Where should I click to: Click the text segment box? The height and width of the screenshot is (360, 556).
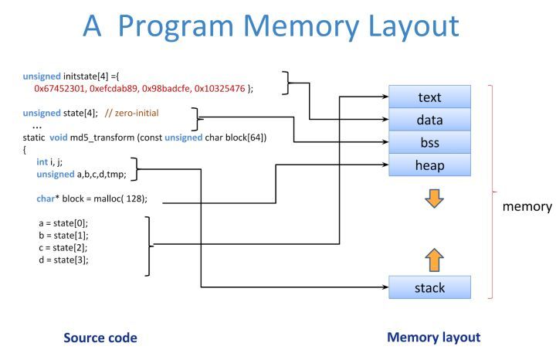[x=430, y=97]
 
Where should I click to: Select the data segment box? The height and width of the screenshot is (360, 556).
[x=430, y=120]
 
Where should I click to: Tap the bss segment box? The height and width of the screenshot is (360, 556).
[x=430, y=142]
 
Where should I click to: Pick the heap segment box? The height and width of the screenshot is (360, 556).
[x=430, y=165]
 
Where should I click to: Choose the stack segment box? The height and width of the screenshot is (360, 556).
[x=430, y=287]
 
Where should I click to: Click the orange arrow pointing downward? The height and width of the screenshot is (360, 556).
[x=434, y=199]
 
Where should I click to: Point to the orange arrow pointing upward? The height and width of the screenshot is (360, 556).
[x=434, y=260]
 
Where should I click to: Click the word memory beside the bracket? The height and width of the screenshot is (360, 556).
[x=527, y=206]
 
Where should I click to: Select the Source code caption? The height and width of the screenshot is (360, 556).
[x=100, y=338]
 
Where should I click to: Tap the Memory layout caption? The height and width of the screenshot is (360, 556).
[x=434, y=338]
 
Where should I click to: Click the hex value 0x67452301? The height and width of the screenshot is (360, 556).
[x=59, y=88]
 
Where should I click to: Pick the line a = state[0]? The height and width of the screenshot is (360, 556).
[x=63, y=223]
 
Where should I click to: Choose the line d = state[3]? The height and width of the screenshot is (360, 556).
[x=63, y=260]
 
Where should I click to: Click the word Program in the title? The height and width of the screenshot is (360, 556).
[x=176, y=27]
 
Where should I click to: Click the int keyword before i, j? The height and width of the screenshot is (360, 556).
[x=42, y=162]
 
